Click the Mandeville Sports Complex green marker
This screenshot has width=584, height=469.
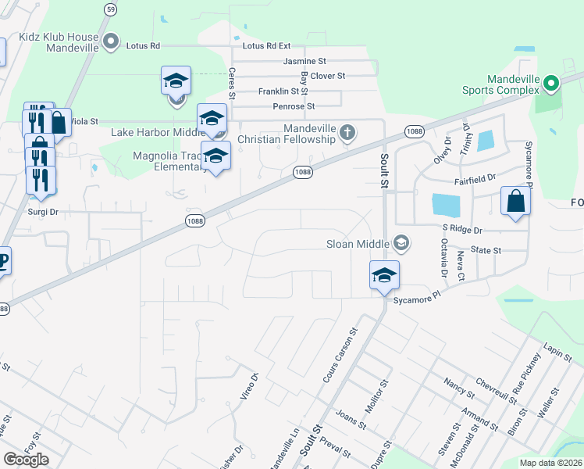pyautogui.click(x=551, y=83)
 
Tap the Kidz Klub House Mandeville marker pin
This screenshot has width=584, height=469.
pyautogui.click(x=111, y=41)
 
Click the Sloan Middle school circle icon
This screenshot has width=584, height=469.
pyautogui.click(x=401, y=244)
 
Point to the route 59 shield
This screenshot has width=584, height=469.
pyautogui.click(x=112, y=9)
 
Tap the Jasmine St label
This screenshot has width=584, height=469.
pyautogui.click(x=304, y=61)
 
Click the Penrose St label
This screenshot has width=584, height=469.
pyautogui.click(x=294, y=106)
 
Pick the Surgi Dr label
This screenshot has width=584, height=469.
pyautogui.click(x=43, y=212)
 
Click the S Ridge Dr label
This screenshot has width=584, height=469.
pyautogui.click(x=462, y=230)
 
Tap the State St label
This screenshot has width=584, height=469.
pyautogui.click(x=485, y=250)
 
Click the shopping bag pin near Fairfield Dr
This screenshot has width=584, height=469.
pyautogui.click(x=515, y=200)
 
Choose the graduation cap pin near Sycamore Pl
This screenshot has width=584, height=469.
pyautogui.click(x=384, y=275)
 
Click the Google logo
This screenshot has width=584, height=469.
pyautogui.click(x=26, y=460)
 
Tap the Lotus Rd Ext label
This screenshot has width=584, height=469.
pyautogui.click(x=266, y=46)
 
